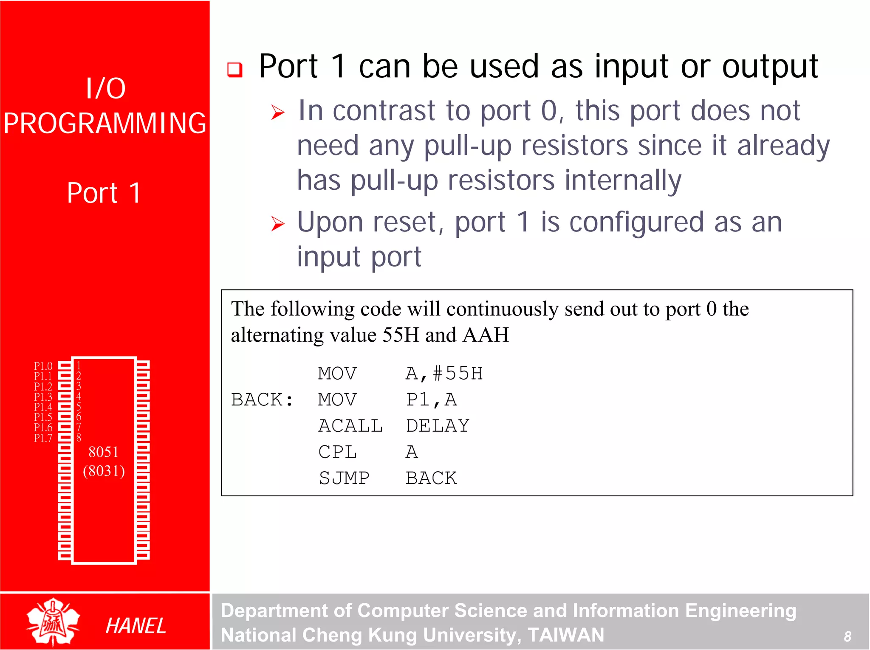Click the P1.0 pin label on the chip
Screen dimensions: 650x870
click(x=43, y=366)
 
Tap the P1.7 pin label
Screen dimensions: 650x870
click(x=43, y=438)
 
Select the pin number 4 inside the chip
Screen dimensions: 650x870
click(x=79, y=396)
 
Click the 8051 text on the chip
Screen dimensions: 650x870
click(x=103, y=452)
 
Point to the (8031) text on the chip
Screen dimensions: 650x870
click(x=104, y=471)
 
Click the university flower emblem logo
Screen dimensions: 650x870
click(x=53, y=622)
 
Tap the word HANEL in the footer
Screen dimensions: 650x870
click(x=136, y=626)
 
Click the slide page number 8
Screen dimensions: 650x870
click(x=847, y=636)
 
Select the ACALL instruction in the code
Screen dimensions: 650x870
click(x=350, y=426)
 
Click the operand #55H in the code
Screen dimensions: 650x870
click(x=458, y=374)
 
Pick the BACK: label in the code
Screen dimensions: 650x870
click(x=262, y=400)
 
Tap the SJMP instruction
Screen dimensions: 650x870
click(x=344, y=478)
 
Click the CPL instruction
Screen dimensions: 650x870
click(x=337, y=452)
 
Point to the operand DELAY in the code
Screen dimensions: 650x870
click(x=438, y=426)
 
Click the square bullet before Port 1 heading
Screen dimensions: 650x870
click(x=235, y=69)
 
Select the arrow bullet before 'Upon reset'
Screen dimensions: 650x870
click(x=278, y=223)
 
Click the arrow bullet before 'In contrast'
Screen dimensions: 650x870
click(x=278, y=112)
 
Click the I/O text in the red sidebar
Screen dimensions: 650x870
click(x=105, y=88)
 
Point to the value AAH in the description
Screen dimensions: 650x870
click(x=486, y=335)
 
